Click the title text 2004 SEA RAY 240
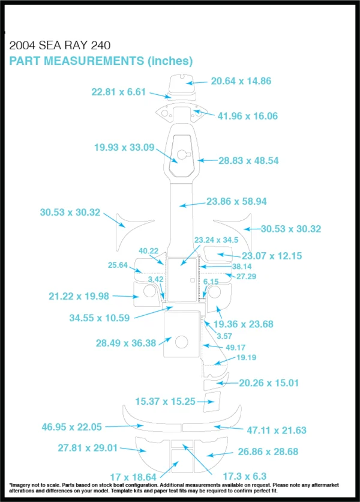60,46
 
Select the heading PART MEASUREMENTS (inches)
101,61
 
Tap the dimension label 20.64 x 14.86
241,81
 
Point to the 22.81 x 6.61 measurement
118,92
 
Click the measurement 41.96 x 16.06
248,116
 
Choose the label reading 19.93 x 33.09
124,147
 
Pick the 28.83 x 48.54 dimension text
248,160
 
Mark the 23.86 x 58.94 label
236,201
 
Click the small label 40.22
148,251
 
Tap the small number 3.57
224,336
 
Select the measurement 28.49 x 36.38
126,343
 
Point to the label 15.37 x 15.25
165,402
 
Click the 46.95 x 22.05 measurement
71,427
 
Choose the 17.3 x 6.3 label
244,476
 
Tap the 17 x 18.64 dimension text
133,477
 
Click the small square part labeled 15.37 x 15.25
212,402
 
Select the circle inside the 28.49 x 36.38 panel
181,342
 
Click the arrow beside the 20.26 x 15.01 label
227,383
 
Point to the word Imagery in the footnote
18,485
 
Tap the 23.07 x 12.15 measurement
272,256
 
